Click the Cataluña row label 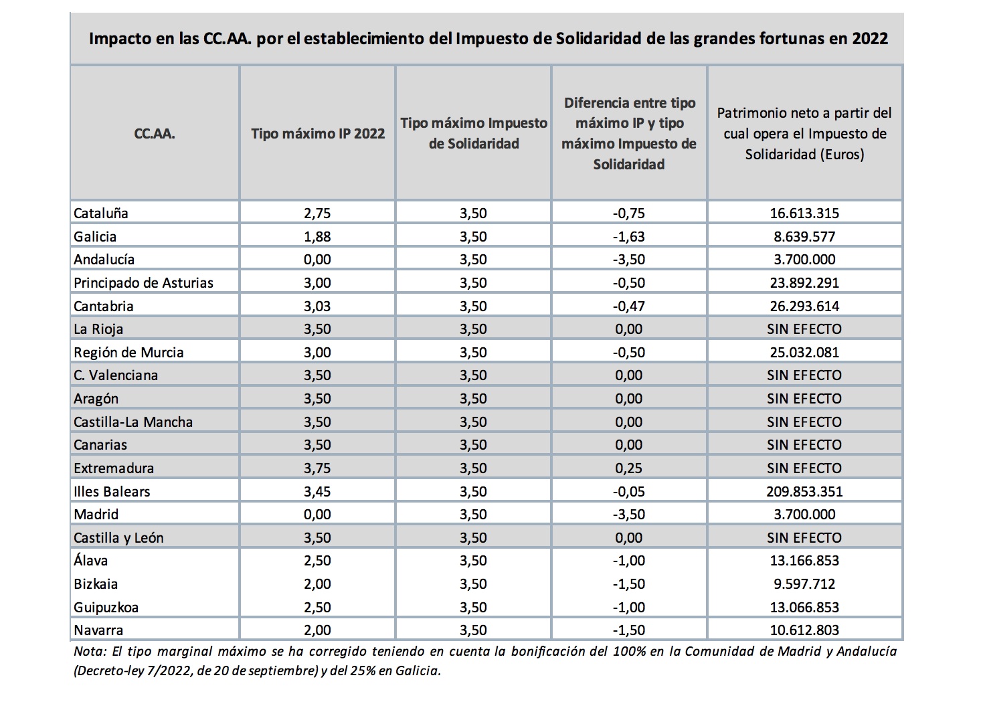tap(101, 213)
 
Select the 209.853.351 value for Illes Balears tap(804, 491)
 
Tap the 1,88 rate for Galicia tap(317, 237)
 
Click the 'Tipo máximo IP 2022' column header tap(318, 133)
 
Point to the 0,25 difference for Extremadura tap(628, 468)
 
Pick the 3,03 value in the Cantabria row tap(317, 306)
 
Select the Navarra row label tap(98, 630)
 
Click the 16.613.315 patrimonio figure tap(804, 213)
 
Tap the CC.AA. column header tap(155, 133)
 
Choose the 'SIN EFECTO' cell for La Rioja tap(804, 329)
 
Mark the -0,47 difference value tap(628, 306)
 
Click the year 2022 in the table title tap(869, 38)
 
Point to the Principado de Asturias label tap(143, 283)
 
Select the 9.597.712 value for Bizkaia tap(804, 584)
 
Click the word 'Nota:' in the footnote tap(90, 651)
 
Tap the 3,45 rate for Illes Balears tap(317, 491)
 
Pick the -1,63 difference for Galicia tap(628, 237)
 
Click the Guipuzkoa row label tap(106, 608)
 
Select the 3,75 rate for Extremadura tap(317, 468)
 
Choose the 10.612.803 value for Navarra tap(804, 630)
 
